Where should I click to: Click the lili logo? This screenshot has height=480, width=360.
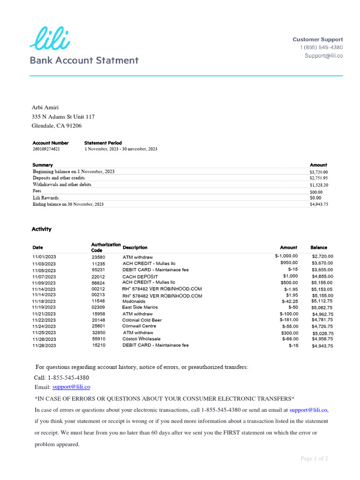point(50,38)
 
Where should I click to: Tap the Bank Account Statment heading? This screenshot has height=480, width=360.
point(84,60)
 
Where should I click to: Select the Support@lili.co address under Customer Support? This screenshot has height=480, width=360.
point(324,56)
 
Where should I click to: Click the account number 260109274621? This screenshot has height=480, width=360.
point(46,149)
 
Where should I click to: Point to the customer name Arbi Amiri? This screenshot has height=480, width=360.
point(45,107)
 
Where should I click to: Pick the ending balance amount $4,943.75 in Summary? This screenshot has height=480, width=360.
point(319,204)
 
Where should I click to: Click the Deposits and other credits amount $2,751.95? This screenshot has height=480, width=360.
point(319,178)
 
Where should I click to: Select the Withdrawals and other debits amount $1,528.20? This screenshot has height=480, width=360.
point(319,185)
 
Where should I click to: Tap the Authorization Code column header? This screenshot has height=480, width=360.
point(105,247)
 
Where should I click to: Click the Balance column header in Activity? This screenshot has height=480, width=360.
point(319,247)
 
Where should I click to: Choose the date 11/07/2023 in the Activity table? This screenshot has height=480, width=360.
point(44,277)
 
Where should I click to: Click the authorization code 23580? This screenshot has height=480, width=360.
point(98,257)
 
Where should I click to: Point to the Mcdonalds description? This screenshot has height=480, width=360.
point(134,301)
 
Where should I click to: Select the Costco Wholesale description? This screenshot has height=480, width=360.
point(142,338)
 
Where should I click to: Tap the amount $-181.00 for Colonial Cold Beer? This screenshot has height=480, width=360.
point(289,320)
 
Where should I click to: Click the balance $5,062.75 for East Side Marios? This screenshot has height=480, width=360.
point(322,308)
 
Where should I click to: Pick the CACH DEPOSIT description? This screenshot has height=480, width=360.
point(141,277)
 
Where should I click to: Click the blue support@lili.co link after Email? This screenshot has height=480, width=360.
point(71,387)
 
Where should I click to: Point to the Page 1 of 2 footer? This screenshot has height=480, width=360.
point(314,458)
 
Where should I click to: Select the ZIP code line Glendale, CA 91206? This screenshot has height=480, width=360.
point(56,126)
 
